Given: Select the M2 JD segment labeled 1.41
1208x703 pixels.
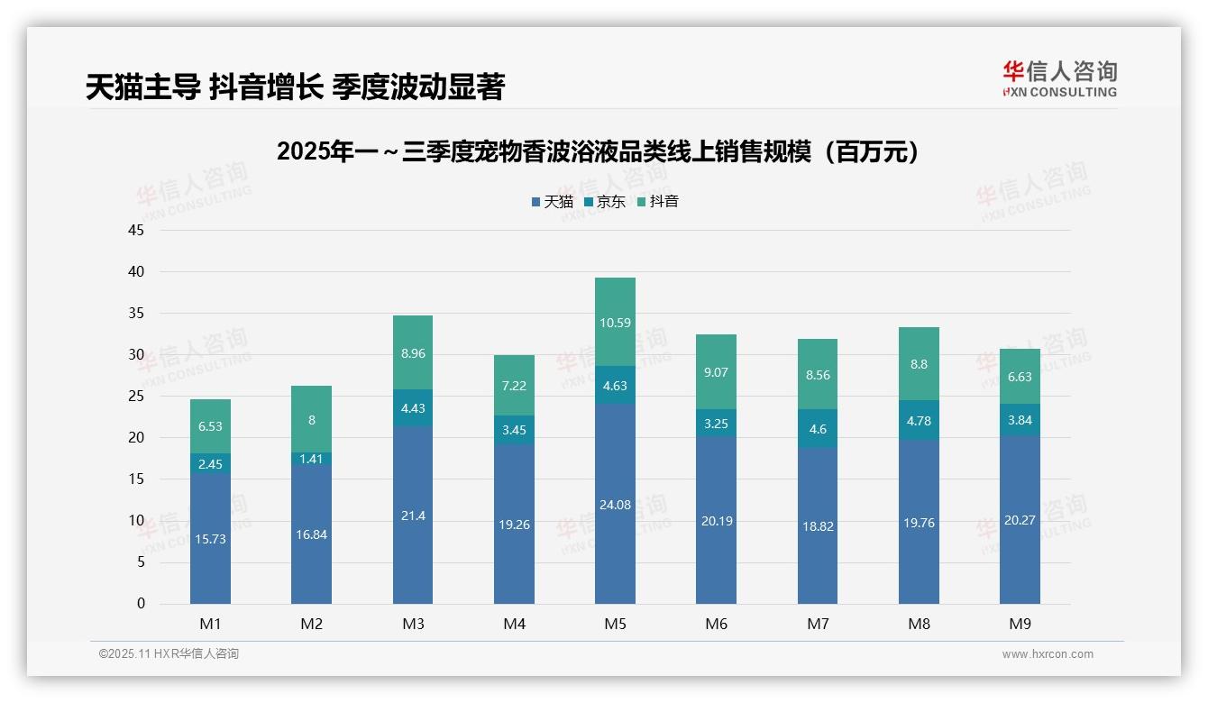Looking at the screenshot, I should pyautogui.click(x=311, y=459).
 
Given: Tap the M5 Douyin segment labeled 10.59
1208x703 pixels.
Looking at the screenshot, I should pyautogui.click(x=615, y=322).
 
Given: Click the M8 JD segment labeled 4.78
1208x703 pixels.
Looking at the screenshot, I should pyautogui.click(x=919, y=421).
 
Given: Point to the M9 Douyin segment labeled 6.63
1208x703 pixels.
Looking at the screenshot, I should pyautogui.click(x=1020, y=376).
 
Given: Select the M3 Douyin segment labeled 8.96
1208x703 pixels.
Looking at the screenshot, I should pyautogui.click(x=412, y=353).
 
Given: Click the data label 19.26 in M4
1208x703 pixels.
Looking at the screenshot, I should pyautogui.click(x=514, y=525).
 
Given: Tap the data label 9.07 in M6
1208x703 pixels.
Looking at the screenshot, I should pyautogui.click(x=716, y=371).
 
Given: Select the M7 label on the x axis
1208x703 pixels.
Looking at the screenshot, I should pyautogui.click(x=818, y=624).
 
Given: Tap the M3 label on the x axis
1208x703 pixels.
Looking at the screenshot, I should pyautogui.click(x=412, y=624).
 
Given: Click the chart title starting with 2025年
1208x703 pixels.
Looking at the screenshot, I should pyautogui.click(x=602, y=151).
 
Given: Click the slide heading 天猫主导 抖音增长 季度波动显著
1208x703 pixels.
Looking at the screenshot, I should pyautogui.click(x=295, y=87).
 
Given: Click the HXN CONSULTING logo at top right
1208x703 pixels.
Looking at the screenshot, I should pyautogui.click(x=1059, y=78).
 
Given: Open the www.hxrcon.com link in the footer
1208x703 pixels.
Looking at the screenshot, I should pyautogui.click(x=1047, y=654).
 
